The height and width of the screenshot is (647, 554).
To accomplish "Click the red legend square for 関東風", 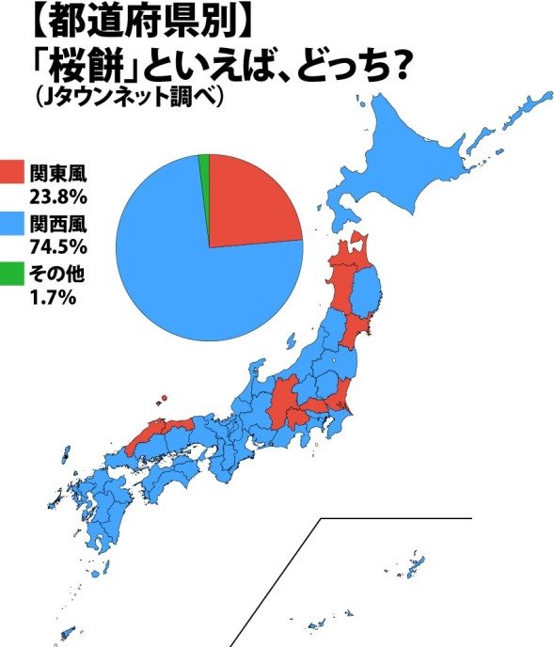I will pos(12,172).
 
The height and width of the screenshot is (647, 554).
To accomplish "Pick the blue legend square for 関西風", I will pos(12,225).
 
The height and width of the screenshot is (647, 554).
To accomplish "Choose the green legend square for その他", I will pos(12,275).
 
